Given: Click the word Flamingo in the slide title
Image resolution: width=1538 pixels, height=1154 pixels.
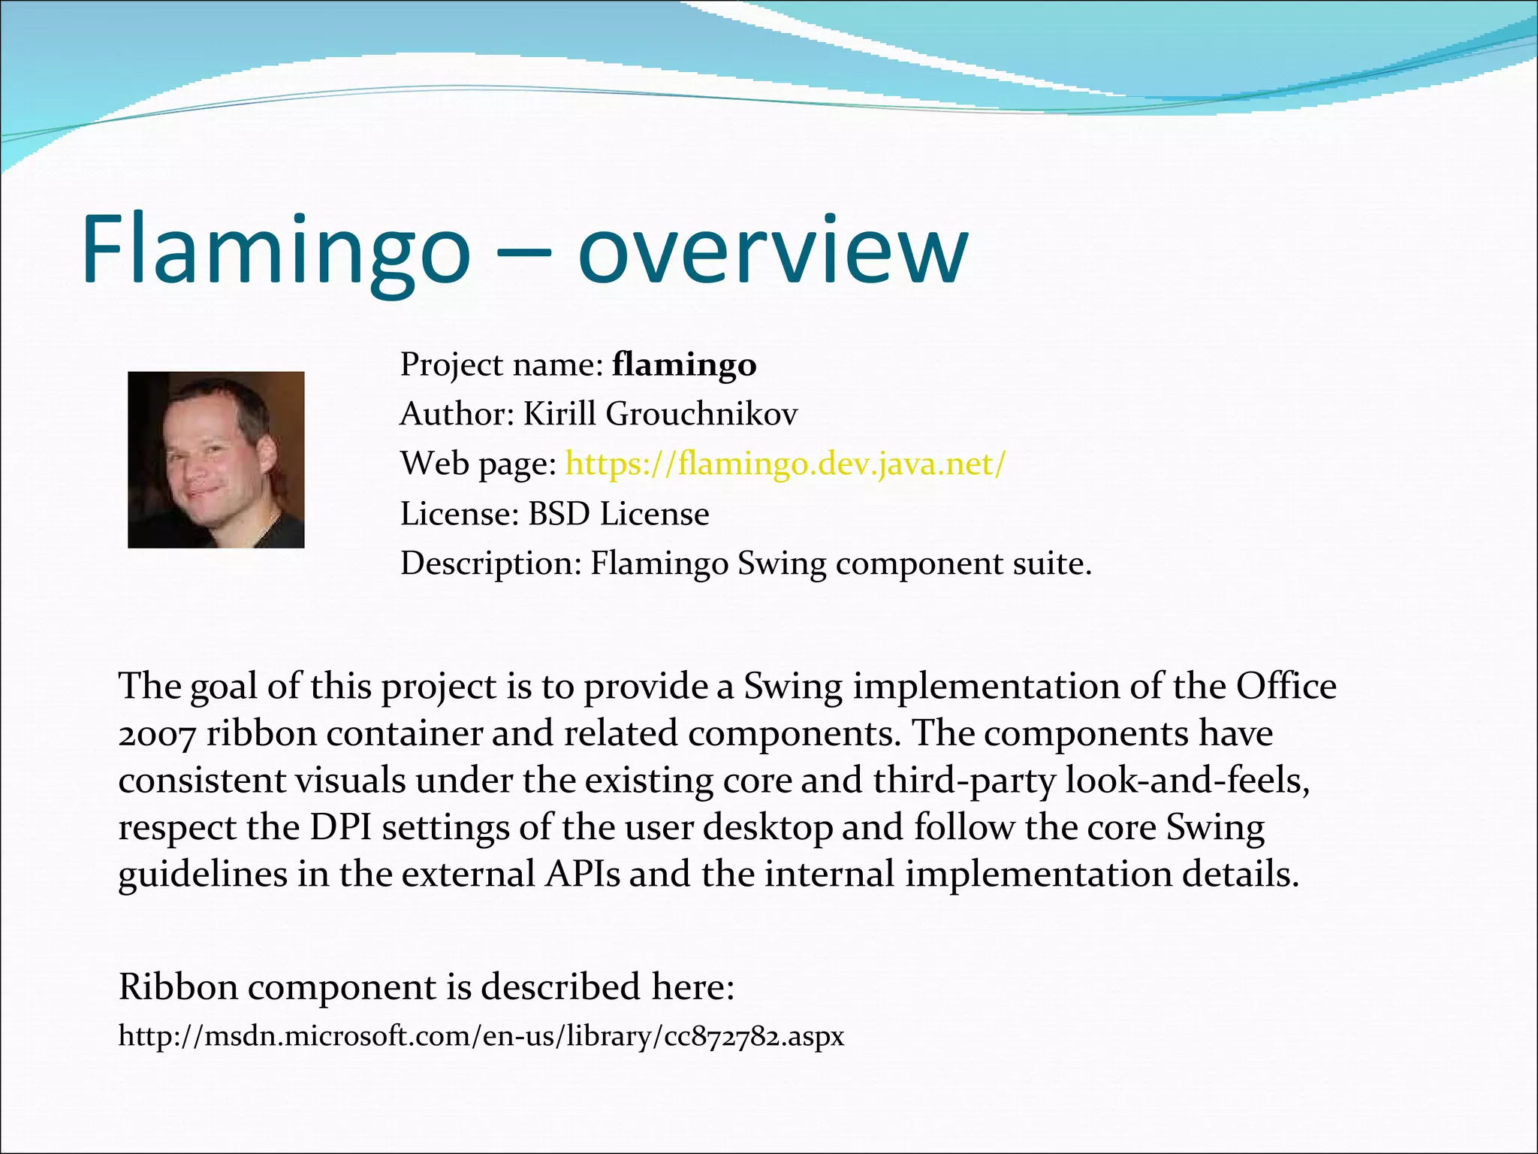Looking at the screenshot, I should click(276, 249).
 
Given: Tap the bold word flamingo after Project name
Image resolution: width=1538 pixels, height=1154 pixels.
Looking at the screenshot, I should click(684, 365).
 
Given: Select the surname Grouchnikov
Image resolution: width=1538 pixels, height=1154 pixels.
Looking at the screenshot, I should click(701, 414).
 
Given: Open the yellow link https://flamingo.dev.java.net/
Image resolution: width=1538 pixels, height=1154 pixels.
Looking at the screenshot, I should click(785, 464).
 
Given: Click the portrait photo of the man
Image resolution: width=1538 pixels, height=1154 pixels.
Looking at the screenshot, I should click(216, 459).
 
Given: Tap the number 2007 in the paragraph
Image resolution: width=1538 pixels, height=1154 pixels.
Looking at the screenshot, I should click(157, 734).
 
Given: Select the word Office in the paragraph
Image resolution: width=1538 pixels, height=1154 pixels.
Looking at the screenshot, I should click(1286, 687).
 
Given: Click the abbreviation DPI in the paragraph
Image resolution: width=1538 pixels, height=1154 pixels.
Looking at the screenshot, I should click(341, 828).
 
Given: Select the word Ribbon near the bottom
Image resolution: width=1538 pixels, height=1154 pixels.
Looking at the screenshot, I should click(179, 987).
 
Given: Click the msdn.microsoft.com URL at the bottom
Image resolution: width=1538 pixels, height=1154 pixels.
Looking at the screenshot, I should click(481, 1037).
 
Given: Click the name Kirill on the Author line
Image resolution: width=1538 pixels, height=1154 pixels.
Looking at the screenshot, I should click(559, 414).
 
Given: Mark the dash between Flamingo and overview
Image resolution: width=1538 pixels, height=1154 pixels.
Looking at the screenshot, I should click(523, 255).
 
